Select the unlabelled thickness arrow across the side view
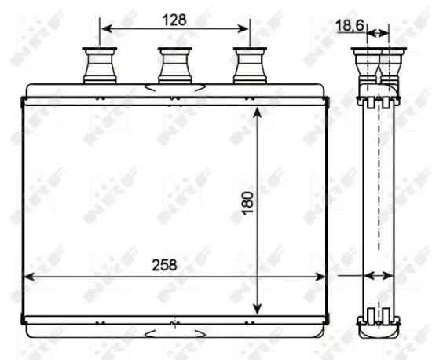(379, 276)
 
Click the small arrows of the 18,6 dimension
(379, 32)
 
